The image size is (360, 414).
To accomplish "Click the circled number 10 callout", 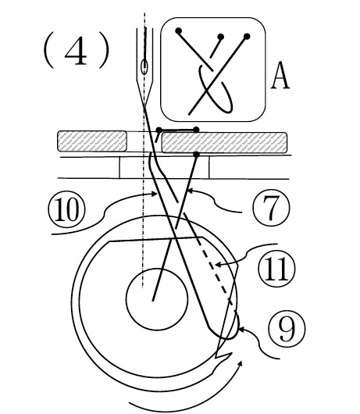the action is tap(67, 209).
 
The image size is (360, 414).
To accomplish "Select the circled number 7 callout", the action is tap(271, 208).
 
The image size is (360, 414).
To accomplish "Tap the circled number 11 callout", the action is tap(277, 269).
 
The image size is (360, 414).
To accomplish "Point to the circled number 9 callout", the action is tap(287, 328).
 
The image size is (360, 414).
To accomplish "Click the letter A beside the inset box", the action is tap(280, 76).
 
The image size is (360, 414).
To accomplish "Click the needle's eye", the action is tap(144, 67).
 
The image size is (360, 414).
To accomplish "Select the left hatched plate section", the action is tap(92, 141).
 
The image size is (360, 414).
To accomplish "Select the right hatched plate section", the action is tap(224, 143).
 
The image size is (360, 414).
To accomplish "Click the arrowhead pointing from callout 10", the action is tap(154, 194).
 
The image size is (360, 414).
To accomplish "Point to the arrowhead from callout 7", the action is tap(191, 191).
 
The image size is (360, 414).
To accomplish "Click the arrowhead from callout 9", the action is tap(241, 329).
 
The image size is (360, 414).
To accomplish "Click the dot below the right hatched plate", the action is tap(196, 154).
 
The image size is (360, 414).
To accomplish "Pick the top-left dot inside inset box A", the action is tap(179, 31).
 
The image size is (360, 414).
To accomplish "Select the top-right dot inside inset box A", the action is tap(247, 36).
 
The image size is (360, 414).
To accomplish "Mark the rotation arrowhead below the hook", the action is tap(240, 364).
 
